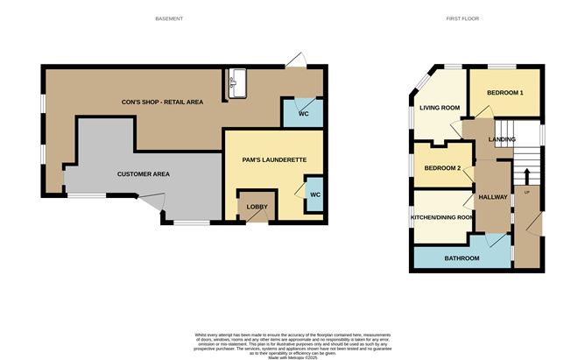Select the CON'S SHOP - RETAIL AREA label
[x=162, y=102]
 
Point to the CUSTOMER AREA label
[x=143, y=174]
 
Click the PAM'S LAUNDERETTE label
[x=273, y=160]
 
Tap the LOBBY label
[x=256, y=207]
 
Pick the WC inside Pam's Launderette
[x=313, y=194]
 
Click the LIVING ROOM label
[x=439, y=109]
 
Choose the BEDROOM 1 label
[x=504, y=93]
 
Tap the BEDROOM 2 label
[x=442, y=168]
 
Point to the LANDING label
[x=502, y=139]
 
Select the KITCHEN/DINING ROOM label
[x=442, y=217]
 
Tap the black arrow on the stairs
[x=526, y=174]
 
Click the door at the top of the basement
[x=298, y=60]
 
